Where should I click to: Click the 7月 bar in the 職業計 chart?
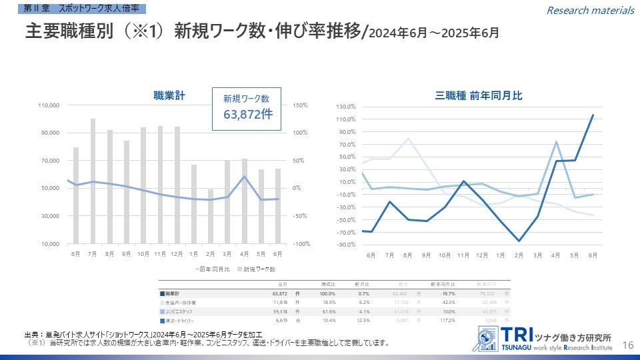point(93,181)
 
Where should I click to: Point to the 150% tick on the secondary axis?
point(299,105)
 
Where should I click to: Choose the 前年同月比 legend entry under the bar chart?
point(213,269)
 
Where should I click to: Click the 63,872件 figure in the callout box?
point(247,114)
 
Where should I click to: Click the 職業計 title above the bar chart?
point(169,96)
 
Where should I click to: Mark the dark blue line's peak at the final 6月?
point(593,115)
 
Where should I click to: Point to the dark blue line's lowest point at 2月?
point(519,241)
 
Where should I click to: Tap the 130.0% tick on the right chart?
point(346,107)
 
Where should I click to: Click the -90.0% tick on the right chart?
point(346,245)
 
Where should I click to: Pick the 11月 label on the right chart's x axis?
point(463,255)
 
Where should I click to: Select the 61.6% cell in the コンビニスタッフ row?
point(328,311)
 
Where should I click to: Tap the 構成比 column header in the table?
point(328,284)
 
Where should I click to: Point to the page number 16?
point(627,345)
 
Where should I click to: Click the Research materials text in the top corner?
point(590,10)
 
